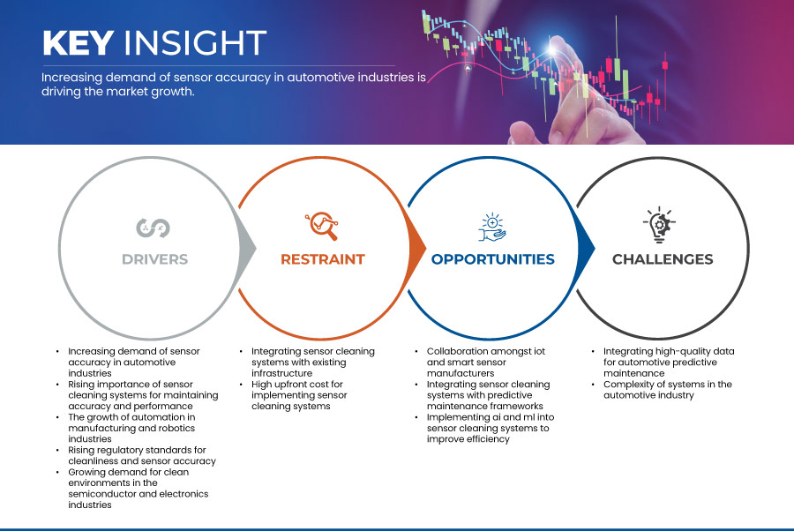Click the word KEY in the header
tap(78, 42)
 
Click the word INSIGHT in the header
tap(195, 42)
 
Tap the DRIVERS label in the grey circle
tap(155, 259)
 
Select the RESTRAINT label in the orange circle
tap(323, 259)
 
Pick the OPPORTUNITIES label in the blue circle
tap(492, 259)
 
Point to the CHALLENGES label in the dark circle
tap(663, 259)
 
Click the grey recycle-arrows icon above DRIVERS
tap(153, 228)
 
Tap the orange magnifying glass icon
tap(322, 226)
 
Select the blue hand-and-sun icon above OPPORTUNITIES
tap(492, 227)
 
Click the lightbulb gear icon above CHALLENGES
tap(659, 225)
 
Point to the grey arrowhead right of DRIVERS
tap(248, 248)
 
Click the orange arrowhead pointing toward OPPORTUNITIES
tap(417, 248)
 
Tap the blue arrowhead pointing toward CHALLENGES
tap(586, 248)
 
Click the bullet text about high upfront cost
tap(299, 395)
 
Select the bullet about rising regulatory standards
tap(142, 455)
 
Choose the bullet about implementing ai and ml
tap(491, 429)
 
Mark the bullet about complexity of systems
tap(668, 390)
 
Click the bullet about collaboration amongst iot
tap(485, 363)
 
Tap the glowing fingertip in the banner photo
tap(552, 49)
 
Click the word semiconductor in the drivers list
tap(103, 494)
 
